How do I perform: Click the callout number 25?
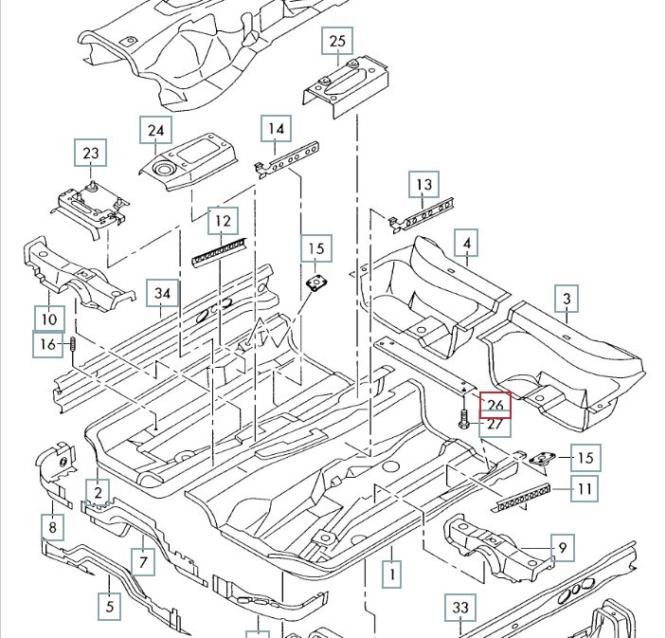click(x=338, y=42)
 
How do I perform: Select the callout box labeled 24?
click(x=155, y=130)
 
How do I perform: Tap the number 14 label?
click(x=276, y=129)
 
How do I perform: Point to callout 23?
click(x=90, y=153)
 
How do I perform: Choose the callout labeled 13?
click(x=423, y=185)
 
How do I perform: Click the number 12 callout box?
click(x=222, y=222)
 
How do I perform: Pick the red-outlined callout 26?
click(x=495, y=405)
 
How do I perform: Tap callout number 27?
click(x=495, y=426)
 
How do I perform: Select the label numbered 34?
click(x=163, y=294)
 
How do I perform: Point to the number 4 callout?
click(x=466, y=244)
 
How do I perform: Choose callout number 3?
click(x=567, y=301)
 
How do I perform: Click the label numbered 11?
click(x=586, y=490)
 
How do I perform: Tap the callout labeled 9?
click(x=562, y=547)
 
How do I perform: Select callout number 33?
click(x=460, y=607)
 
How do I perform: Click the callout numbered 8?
click(x=53, y=526)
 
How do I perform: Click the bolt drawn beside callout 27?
click(x=462, y=420)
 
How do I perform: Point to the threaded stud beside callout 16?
click(x=72, y=347)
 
